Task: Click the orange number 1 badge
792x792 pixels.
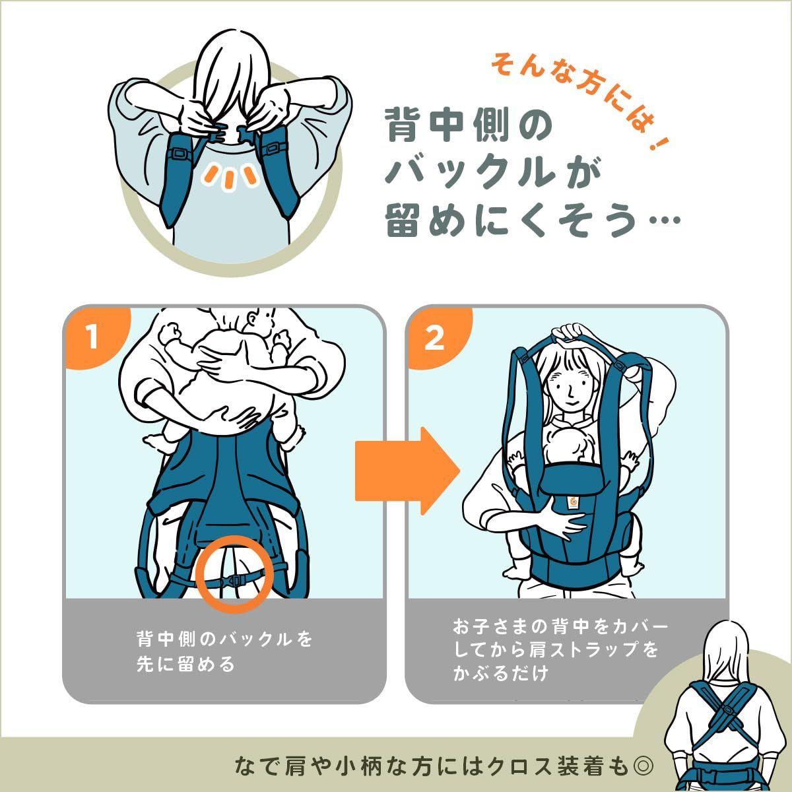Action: (92, 337)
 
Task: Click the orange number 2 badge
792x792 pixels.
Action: (434, 339)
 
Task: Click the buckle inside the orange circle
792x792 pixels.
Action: (234, 579)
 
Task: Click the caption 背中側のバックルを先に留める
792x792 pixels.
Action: (224, 651)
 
